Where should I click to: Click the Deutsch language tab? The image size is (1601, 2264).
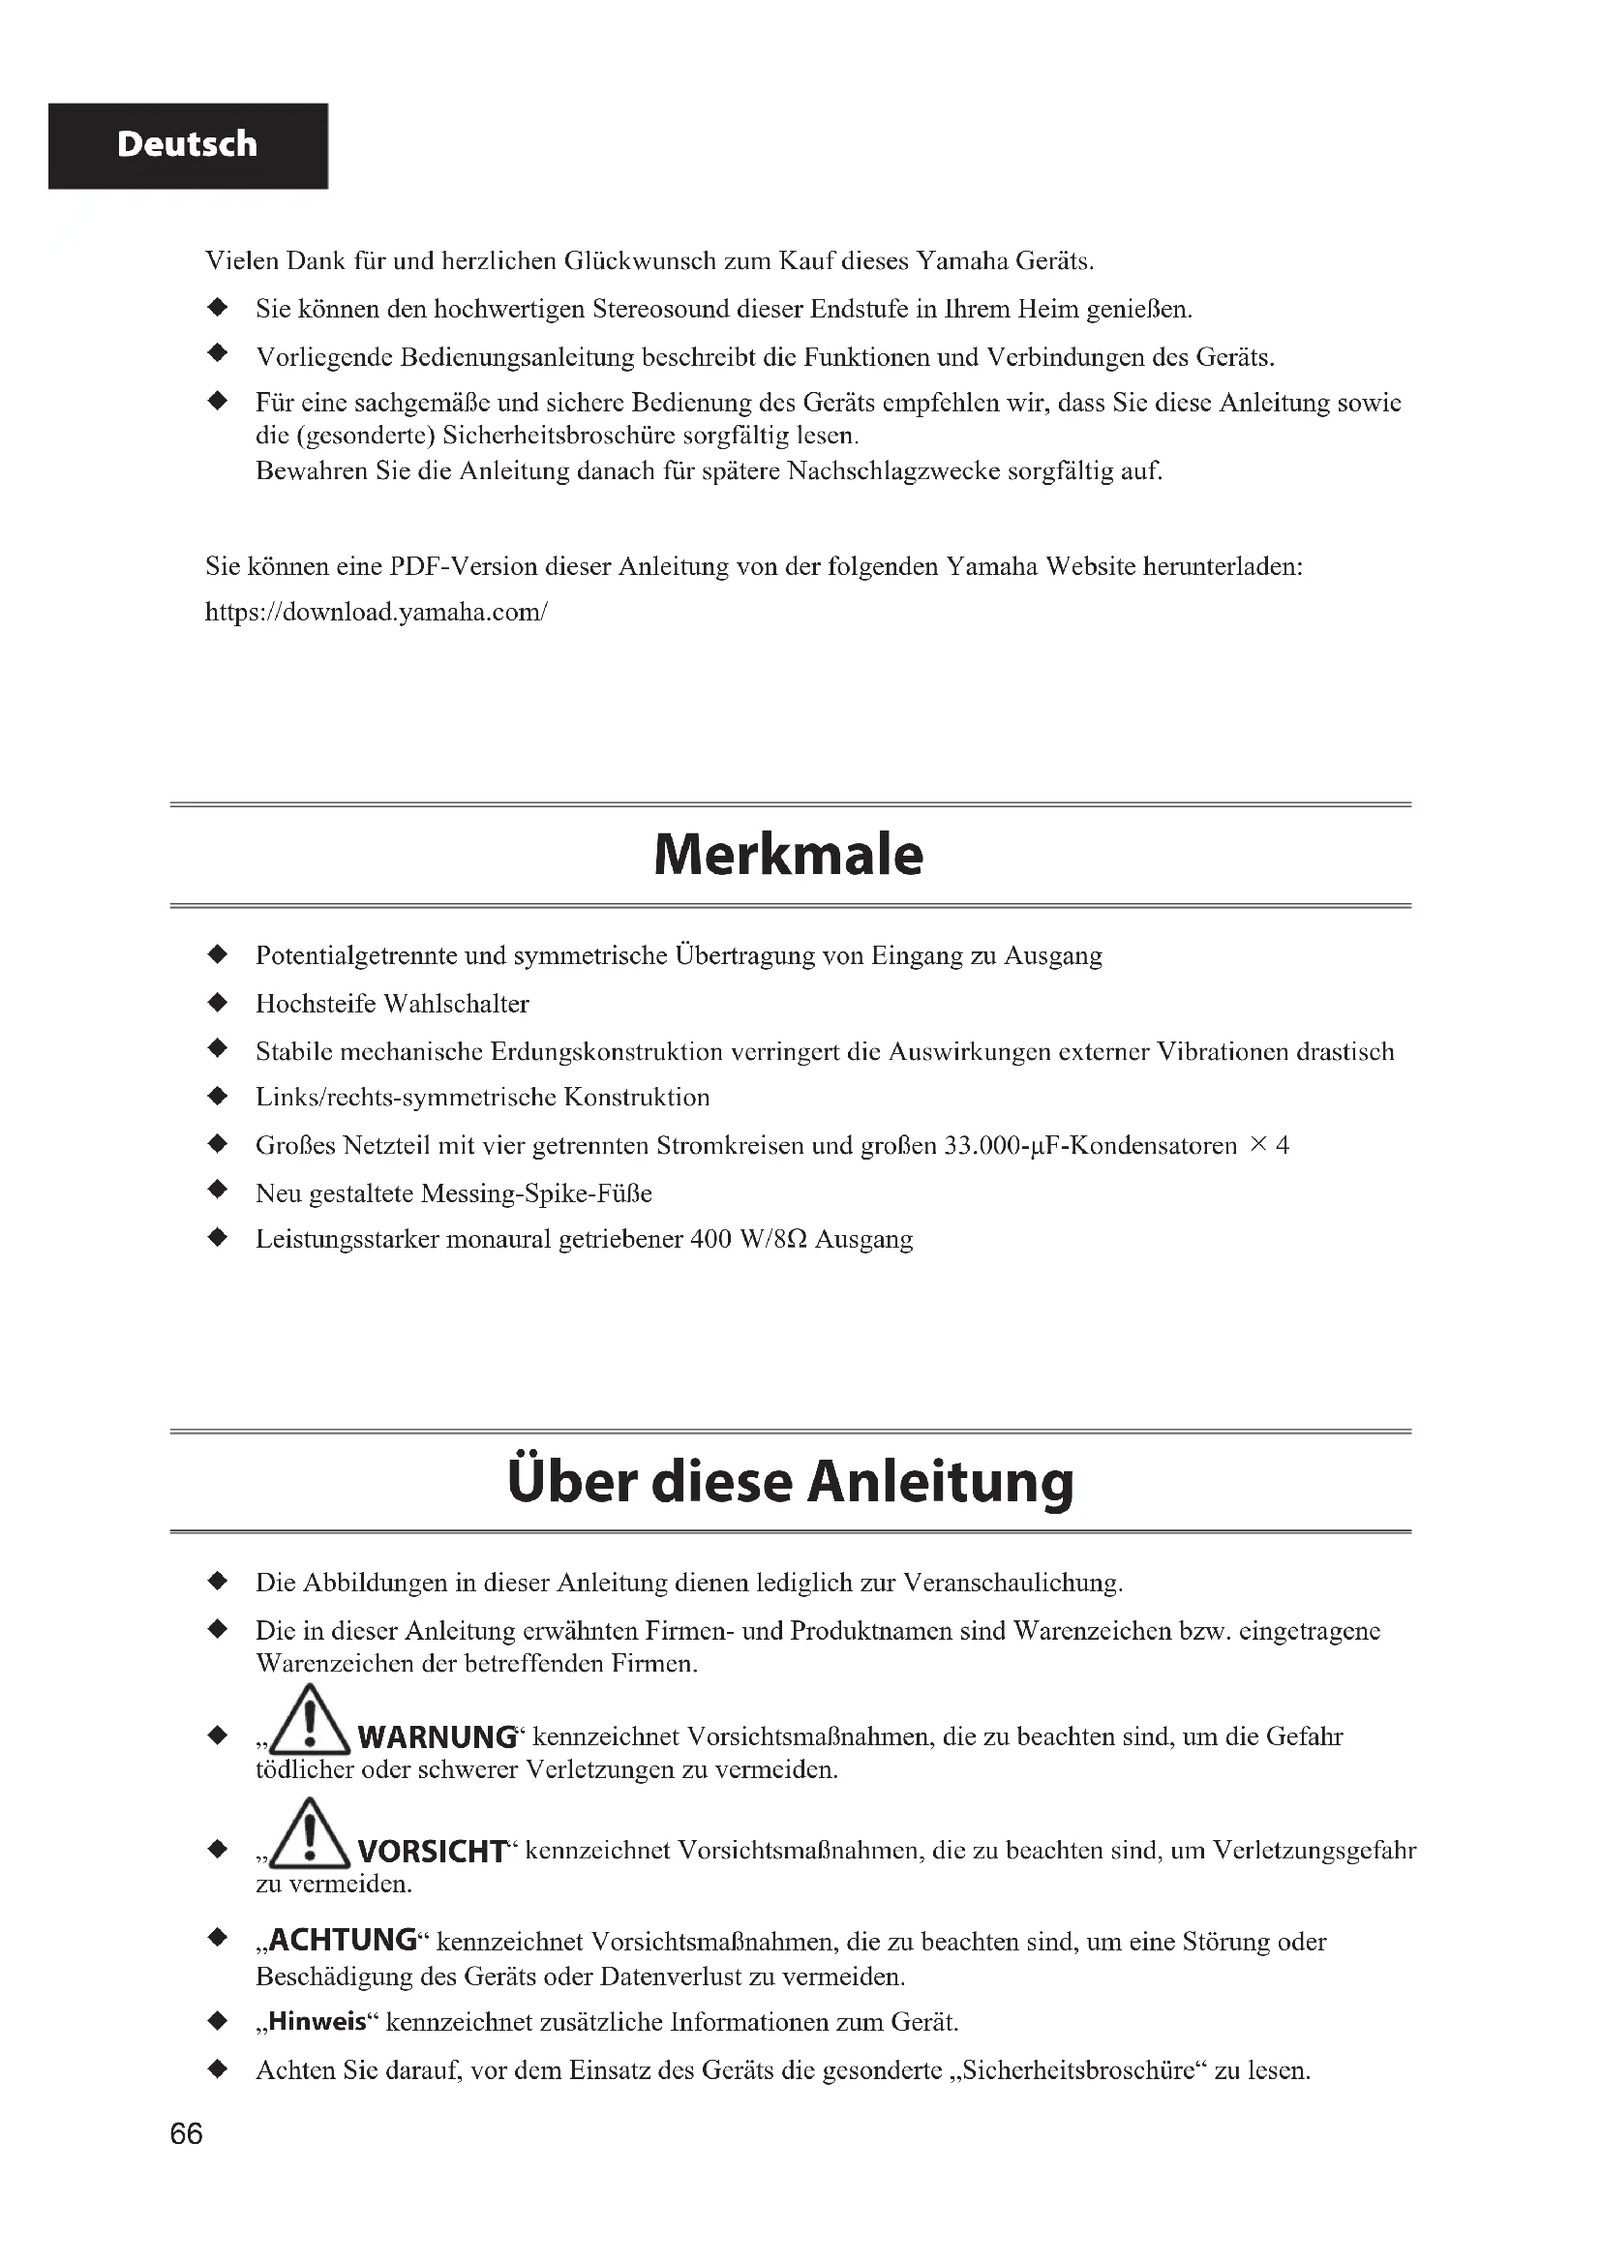[x=188, y=145]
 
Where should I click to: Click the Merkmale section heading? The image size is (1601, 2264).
[x=789, y=855]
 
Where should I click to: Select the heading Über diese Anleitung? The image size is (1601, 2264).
[x=790, y=1482]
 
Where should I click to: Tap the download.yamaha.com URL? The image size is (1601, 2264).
[x=376, y=613]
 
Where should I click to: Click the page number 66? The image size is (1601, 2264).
[x=186, y=2134]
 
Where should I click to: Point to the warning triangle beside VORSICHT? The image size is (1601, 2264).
[x=310, y=1835]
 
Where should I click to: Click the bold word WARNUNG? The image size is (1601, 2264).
[x=437, y=1737]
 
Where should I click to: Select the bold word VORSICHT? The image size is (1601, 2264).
[x=432, y=1852]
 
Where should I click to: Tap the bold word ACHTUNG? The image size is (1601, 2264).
[x=343, y=1941]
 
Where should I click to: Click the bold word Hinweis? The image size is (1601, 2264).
[x=317, y=2022]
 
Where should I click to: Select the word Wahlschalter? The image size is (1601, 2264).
[x=457, y=1004]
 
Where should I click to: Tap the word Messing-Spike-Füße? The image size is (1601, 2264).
[x=536, y=1194]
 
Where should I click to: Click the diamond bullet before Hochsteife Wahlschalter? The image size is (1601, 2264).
[x=218, y=1003]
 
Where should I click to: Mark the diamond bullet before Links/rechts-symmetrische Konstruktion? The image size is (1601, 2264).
[x=218, y=1097]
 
